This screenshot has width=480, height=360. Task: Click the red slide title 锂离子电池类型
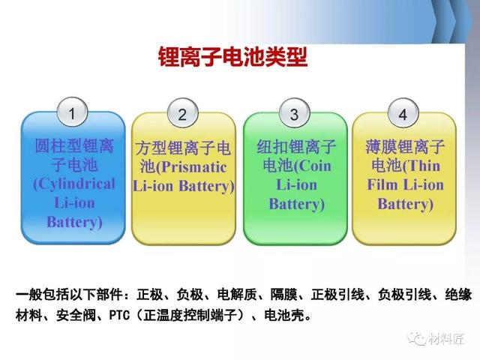pyautogui.click(x=233, y=57)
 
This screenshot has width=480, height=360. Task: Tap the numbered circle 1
pyautogui.click(x=73, y=112)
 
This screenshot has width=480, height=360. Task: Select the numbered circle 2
pyautogui.click(x=183, y=113)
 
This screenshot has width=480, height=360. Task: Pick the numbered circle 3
pyautogui.click(x=295, y=113)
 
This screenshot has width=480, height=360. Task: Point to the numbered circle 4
pyautogui.click(x=403, y=113)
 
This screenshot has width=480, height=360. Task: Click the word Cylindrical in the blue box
pyautogui.click(x=76, y=184)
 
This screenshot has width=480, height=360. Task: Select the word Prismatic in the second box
pyautogui.click(x=193, y=167)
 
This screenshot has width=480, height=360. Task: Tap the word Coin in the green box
pyautogui.click(x=315, y=166)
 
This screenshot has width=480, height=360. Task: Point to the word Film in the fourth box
pyautogui.click(x=382, y=184)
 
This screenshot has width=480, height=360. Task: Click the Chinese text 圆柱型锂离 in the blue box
pyautogui.click(x=74, y=146)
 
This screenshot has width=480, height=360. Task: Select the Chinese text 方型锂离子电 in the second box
pyautogui.click(x=183, y=148)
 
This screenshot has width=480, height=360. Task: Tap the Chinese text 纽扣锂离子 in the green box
pyautogui.click(x=296, y=147)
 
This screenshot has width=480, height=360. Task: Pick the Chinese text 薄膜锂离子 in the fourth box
pyautogui.click(x=405, y=147)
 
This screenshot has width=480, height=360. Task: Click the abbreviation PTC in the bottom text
pyautogui.click(x=119, y=315)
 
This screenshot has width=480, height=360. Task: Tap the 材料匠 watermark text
pyautogui.click(x=446, y=338)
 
